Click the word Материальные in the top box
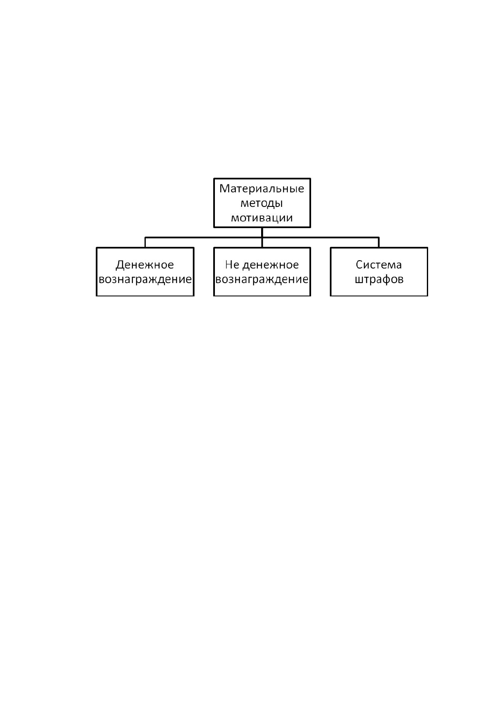[262, 189]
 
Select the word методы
[262, 204]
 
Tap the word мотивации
[262, 218]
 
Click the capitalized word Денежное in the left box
[145, 265]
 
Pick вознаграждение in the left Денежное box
[145, 279]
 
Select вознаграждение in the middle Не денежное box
[262, 279]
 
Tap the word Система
[379, 265]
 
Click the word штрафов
[379, 279]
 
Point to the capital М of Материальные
[224, 189]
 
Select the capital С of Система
[359, 265]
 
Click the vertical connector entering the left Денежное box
[145, 243]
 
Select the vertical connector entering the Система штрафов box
[379, 243]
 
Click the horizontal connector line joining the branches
[262, 238]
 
